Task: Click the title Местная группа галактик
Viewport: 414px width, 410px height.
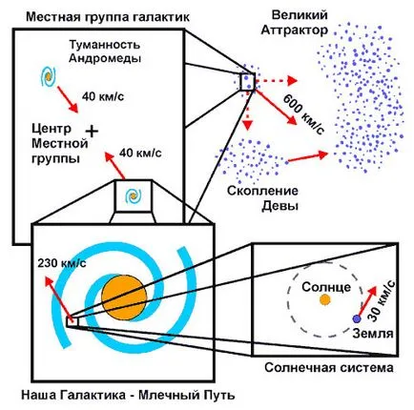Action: click(108, 16)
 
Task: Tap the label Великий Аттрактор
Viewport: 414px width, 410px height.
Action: click(294, 23)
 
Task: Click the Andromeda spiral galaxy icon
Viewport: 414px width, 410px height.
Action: click(48, 76)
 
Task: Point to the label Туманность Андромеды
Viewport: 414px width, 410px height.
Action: click(105, 51)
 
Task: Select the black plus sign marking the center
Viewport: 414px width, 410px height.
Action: click(92, 131)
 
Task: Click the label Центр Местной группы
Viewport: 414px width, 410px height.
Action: click(60, 144)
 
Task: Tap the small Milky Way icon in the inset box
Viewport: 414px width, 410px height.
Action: click(133, 196)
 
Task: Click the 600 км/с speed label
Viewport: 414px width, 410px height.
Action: click(303, 114)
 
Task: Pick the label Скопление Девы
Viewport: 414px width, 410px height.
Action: click(263, 198)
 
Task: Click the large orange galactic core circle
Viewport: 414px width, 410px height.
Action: click(124, 297)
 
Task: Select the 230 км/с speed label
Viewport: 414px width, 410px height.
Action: click(62, 263)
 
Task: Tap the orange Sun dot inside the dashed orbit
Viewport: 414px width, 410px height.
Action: click(324, 299)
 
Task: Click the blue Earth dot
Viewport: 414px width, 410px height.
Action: click(357, 318)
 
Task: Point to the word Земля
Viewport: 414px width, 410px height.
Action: click(373, 334)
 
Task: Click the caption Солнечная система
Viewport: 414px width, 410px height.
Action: click(329, 368)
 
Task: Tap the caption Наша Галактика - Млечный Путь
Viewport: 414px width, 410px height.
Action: click(128, 395)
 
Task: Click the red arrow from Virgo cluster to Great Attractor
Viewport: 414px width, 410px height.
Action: click(307, 157)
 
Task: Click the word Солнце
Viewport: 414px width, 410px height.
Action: click(326, 287)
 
